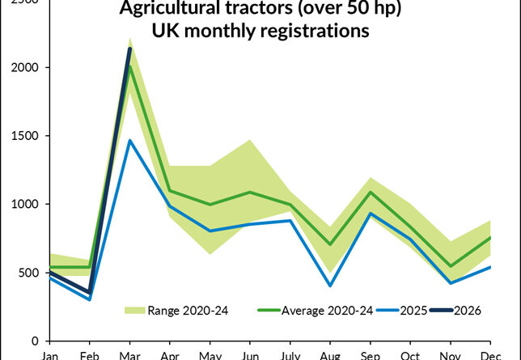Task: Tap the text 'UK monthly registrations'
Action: point(260,32)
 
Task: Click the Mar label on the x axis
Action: point(129,354)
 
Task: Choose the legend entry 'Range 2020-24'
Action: point(175,309)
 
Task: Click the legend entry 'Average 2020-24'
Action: point(316,309)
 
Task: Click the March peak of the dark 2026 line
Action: point(129,49)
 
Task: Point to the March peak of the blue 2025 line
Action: point(129,141)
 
